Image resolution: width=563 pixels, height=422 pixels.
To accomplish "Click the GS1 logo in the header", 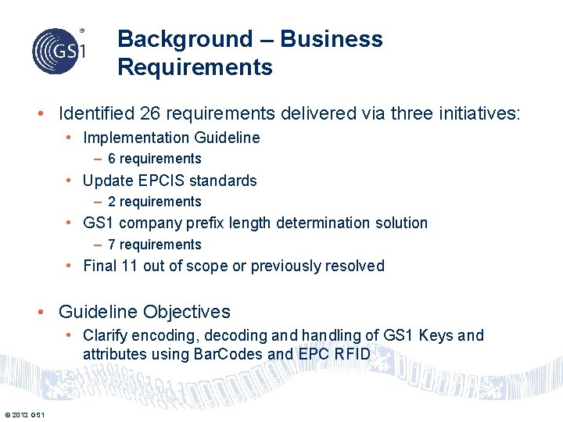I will click(x=59, y=51).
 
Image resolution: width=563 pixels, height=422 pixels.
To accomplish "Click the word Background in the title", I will click(x=185, y=39).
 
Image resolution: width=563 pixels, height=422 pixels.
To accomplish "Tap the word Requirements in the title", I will click(x=195, y=67).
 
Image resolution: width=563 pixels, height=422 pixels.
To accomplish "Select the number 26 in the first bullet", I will click(x=150, y=114).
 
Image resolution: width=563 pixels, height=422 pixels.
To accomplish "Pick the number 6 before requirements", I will click(x=112, y=159).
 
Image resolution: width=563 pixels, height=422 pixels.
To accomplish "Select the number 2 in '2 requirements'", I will click(x=112, y=202).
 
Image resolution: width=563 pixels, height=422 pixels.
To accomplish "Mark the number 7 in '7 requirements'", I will click(x=112, y=245).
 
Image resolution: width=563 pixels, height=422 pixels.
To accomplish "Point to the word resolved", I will click(x=355, y=266).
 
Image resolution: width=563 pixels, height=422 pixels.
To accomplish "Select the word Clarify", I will click(x=106, y=335).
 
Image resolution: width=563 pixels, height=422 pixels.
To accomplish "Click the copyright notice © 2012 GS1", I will click(x=23, y=414).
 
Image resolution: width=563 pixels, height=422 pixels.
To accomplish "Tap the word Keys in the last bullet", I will click(x=436, y=335).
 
